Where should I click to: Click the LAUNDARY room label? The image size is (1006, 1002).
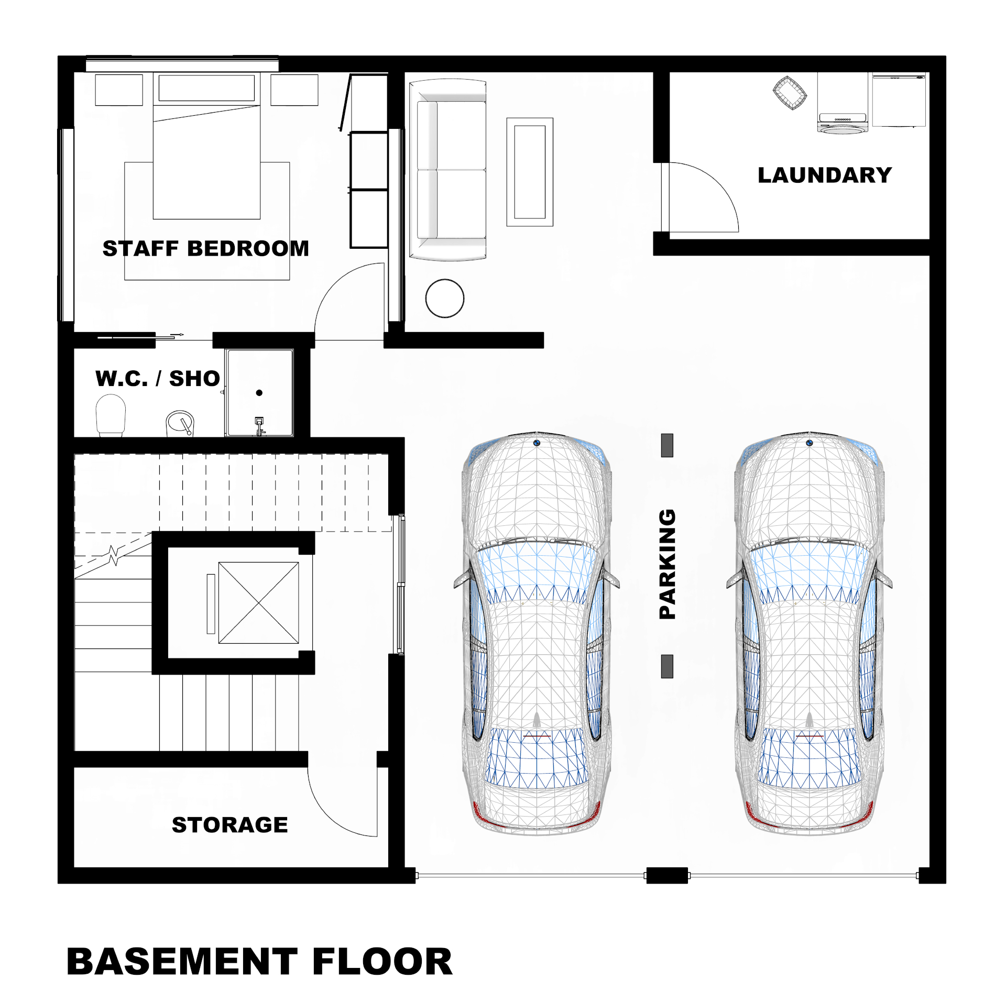tap(824, 175)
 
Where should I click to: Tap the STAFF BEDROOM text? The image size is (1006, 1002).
tap(205, 248)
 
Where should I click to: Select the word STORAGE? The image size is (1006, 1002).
tap(229, 824)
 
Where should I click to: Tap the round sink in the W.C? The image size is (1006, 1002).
tap(180, 423)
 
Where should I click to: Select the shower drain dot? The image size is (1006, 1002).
tap(259, 392)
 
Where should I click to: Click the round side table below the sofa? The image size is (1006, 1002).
tap(444, 298)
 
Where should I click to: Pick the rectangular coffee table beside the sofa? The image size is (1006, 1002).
tap(529, 172)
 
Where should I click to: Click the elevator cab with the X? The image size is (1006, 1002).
tap(258, 602)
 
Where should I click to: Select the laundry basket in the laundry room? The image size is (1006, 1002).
tap(789, 93)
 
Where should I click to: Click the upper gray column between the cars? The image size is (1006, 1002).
tap(666, 445)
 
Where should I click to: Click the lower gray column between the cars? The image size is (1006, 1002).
tap(666, 666)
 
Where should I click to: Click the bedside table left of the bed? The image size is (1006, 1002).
tap(119, 90)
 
